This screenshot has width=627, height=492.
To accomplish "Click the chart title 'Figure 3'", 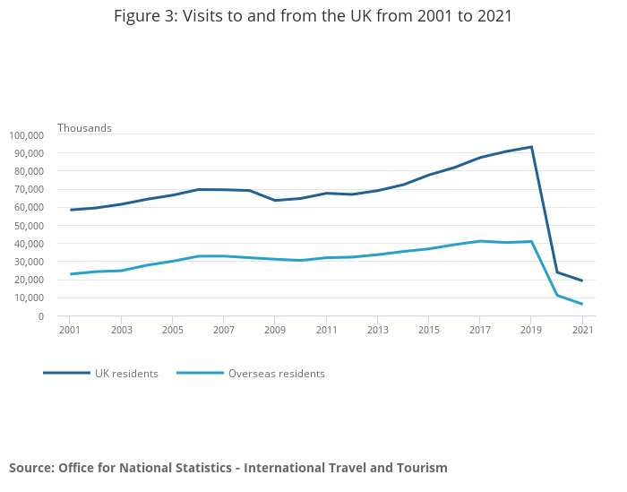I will pos(313,16).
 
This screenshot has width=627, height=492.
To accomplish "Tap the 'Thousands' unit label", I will pos(84,127).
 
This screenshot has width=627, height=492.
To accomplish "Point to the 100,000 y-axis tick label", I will pos(27,135).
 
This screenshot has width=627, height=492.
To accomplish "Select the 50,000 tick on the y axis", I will pos(27,226).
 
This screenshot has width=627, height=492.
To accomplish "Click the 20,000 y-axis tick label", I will pos(27,280).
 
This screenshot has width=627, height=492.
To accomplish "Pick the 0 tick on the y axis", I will pos(41,316).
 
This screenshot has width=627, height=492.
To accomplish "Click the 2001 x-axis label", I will pos(70,330).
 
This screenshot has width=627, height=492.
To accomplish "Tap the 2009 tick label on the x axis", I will pos(275,330).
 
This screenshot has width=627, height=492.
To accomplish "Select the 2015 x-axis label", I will pos(429,330).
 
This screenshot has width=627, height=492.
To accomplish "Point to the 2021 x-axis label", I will pos(583,330).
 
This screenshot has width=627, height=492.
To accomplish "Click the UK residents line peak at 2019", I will pos(531,147).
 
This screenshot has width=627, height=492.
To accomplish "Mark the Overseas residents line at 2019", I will pos(531,241).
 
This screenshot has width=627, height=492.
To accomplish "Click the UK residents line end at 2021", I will pos(582,281).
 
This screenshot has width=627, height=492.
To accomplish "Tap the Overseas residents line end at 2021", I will pos(582,304).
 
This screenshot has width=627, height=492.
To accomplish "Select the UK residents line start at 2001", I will pos(71,210).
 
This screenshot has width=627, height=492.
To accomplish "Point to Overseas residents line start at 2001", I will pos(71,274).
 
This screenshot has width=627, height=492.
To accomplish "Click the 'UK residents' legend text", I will pos(126,374).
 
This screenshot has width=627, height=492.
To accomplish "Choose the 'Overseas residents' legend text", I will pos(276,374).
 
